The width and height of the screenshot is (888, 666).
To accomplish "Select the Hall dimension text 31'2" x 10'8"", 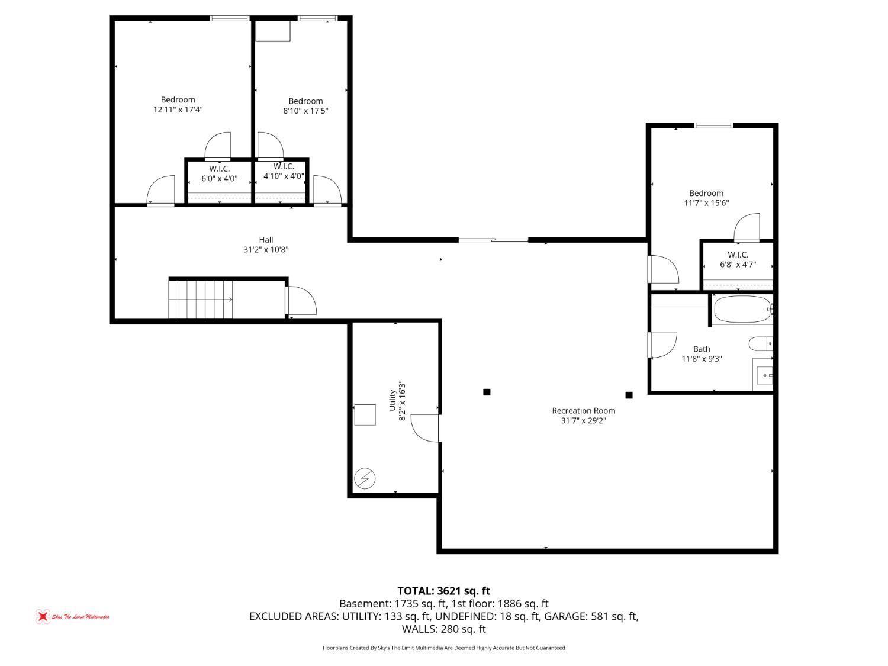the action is pyautogui.click(x=266, y=249).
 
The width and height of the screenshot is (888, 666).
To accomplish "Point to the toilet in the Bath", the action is pyautogui.click(x=761, y=344).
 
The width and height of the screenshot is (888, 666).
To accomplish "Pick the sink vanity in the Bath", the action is pyautogui.click(x=762, y=375).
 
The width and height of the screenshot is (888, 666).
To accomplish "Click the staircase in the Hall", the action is pyautogui.click(x=201, y=300).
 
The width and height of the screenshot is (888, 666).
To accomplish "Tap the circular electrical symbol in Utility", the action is pyautogui.click(x=365, y=479).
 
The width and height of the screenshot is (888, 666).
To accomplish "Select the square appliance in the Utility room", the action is pyautogui.click(x=365, y=414).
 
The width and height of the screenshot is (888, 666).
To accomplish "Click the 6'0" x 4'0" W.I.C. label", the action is pyautogui.click(x=219, y=173).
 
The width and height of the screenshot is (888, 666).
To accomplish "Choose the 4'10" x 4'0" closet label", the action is pyautogui.click(x=284, y=171).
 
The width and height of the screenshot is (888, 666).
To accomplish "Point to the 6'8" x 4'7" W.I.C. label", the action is pyautogui.click(x=738, y=260).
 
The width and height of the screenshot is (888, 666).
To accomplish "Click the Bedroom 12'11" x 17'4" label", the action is pyautogui.click(x=178, y=104).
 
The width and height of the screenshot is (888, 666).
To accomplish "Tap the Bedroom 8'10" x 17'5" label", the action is pyautogui.click(x=305, y=106).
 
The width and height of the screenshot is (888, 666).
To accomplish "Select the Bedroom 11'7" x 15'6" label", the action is pyautogui.click(x=706, y=198).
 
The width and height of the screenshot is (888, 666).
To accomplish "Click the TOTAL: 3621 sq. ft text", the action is pyautogui.click(x=444, y=591).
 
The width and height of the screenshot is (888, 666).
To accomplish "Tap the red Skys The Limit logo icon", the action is pyautogui.click(x=43, y=616).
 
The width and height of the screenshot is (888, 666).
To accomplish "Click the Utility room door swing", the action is pyautogui.click(x=426, y=428).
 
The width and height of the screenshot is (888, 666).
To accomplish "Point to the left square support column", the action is pyautogui.click(x=487, y=392).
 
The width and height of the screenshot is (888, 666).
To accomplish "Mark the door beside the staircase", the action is pyautogui.click(x=301, y=301).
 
